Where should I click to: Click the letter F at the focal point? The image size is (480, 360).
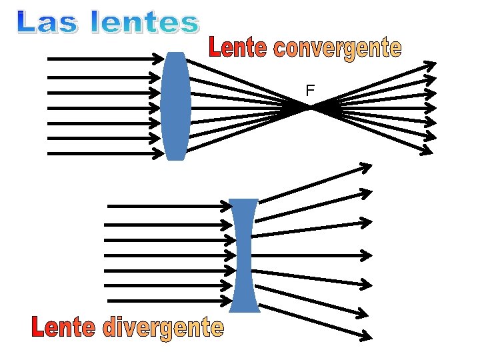(310, 89)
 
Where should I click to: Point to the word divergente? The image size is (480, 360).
(163, 328)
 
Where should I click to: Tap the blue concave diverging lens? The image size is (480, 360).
(244, 255)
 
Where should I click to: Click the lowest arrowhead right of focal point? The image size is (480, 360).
(427, 150)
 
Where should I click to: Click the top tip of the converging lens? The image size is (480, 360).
(175, 53)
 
